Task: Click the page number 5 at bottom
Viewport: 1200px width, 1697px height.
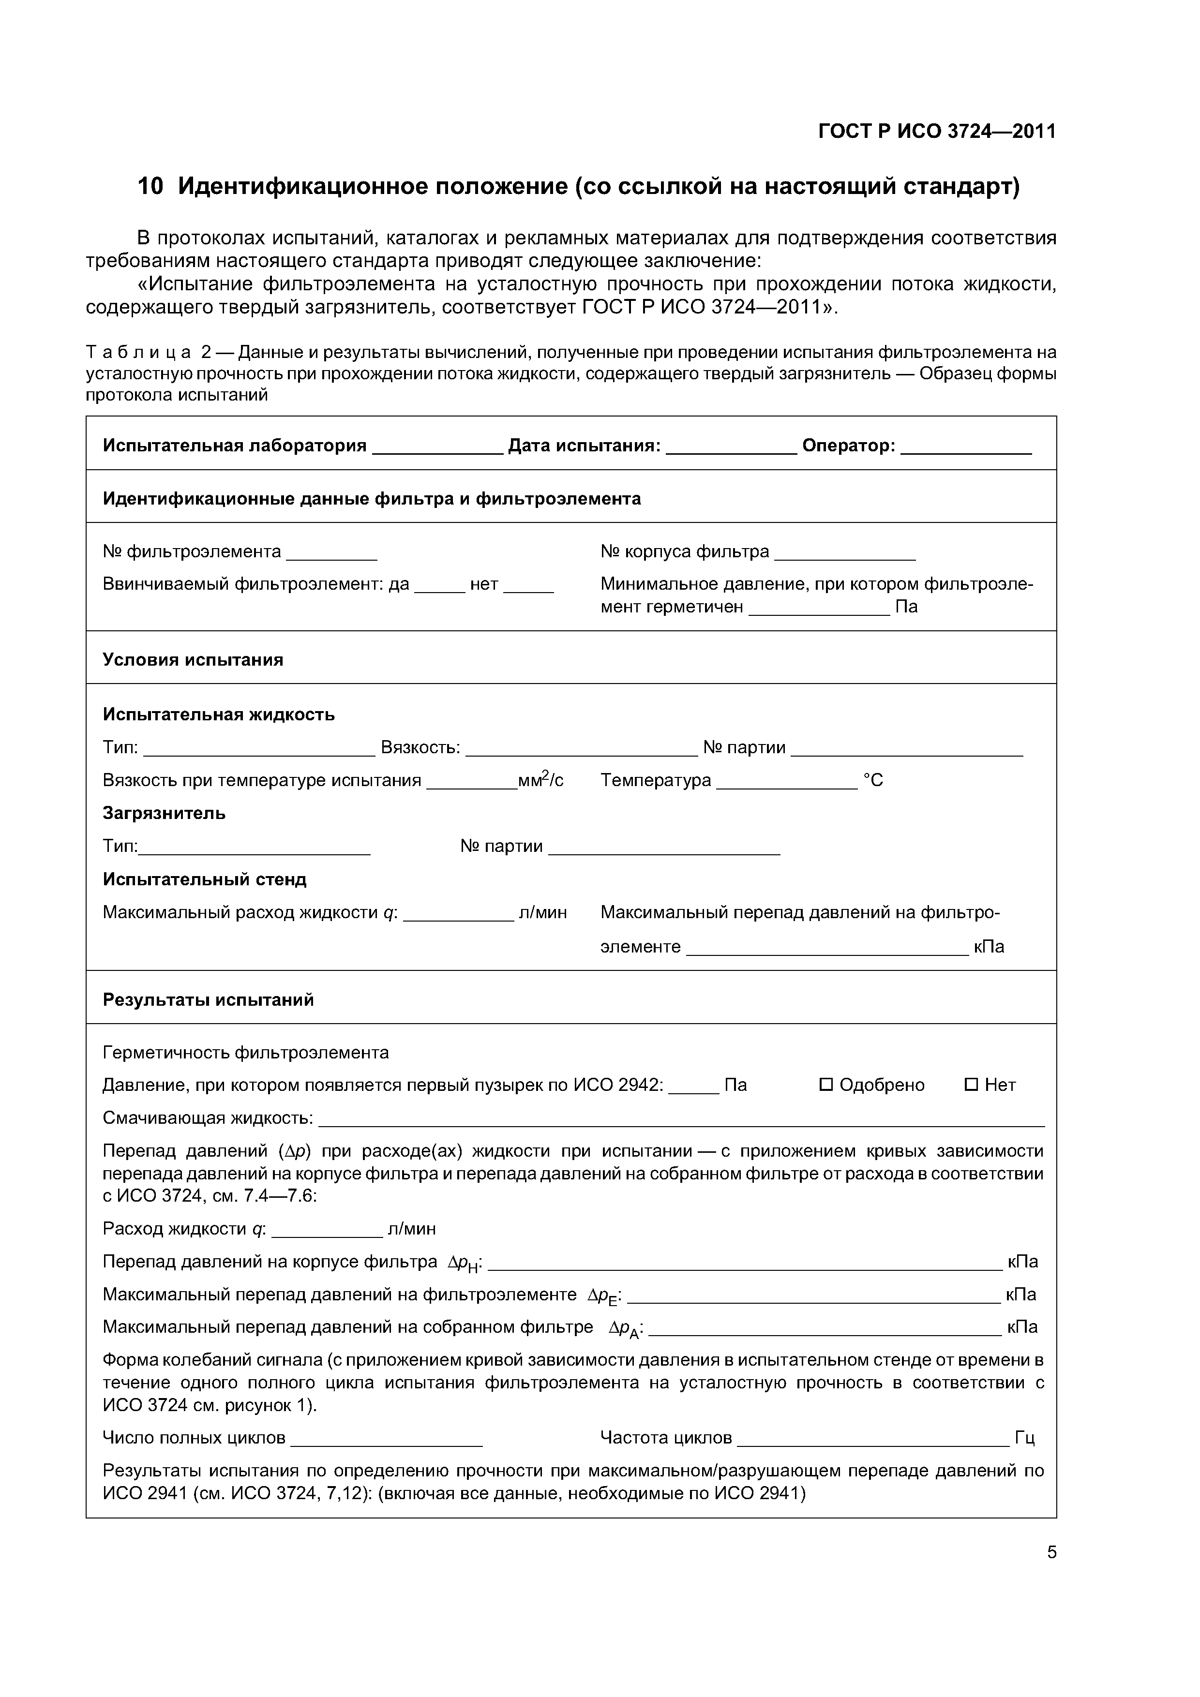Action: [1051, 1552]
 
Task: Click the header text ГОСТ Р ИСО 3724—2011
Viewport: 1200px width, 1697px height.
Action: [937, 132]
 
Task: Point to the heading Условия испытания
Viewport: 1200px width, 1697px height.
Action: [193, 659]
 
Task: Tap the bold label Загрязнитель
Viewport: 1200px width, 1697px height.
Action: [164, 813]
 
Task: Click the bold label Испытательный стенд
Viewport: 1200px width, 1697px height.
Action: [204, 879]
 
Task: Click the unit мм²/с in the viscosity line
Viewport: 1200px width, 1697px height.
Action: [540, 780]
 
